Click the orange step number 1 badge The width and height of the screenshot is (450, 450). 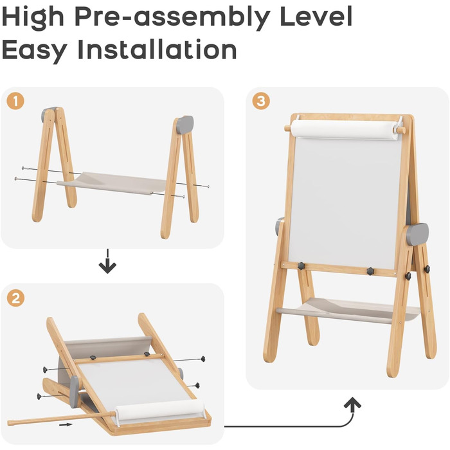(15, 101)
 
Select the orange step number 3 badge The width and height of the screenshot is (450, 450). (261, 101)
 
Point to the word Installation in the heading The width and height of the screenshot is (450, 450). (157, 50)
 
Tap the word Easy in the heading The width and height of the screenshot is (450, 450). (35, 51)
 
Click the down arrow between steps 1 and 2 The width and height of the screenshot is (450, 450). (107, 261)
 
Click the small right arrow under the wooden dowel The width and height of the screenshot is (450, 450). (66, 425)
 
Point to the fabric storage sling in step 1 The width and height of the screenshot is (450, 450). (112, 183)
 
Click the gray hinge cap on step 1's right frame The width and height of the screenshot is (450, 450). (184, 125)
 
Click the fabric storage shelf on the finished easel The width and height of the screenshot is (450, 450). (347, 310)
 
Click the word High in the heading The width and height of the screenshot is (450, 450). (32, 17)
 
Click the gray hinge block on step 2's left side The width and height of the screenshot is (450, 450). (74, 392)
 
